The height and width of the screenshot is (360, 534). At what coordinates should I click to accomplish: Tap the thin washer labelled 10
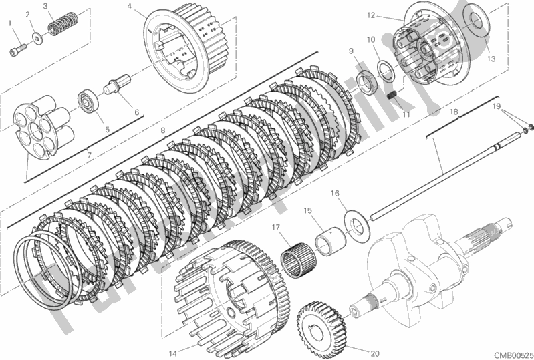click(x=385, y=69)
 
